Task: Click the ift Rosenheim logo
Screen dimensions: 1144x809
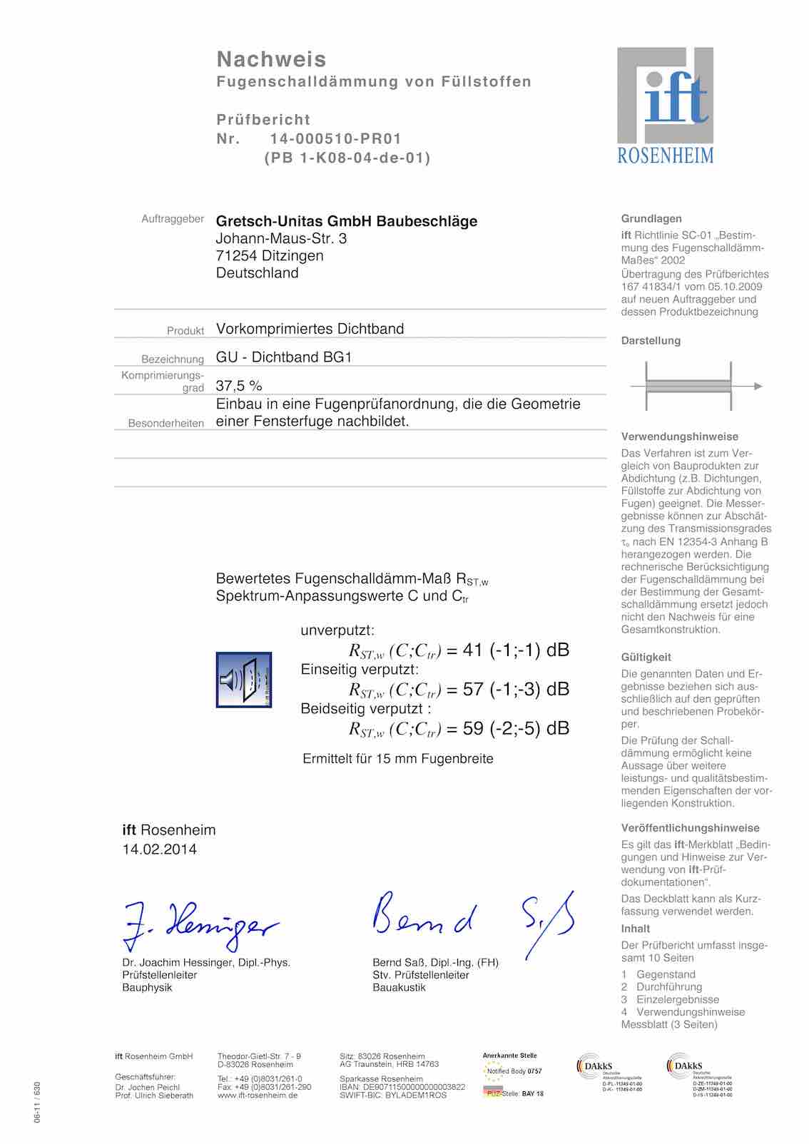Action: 665,106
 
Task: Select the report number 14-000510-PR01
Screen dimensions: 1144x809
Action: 335,139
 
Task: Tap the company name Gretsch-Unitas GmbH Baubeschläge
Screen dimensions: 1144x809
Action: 347,221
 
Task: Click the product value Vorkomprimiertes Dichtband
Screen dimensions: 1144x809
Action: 310,329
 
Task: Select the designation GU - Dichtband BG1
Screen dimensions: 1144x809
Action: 284,357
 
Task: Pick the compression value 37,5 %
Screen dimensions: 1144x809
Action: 239,386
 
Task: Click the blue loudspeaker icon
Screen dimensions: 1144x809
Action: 244,680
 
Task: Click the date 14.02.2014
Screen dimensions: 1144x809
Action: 160,849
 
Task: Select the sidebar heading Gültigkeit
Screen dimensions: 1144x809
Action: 646,657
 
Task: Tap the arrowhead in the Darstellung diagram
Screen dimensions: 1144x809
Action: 758,387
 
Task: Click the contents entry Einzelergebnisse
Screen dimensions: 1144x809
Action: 678,999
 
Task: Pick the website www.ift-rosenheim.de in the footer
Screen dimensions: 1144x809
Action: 258,1096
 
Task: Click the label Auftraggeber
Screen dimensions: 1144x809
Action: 173,219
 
